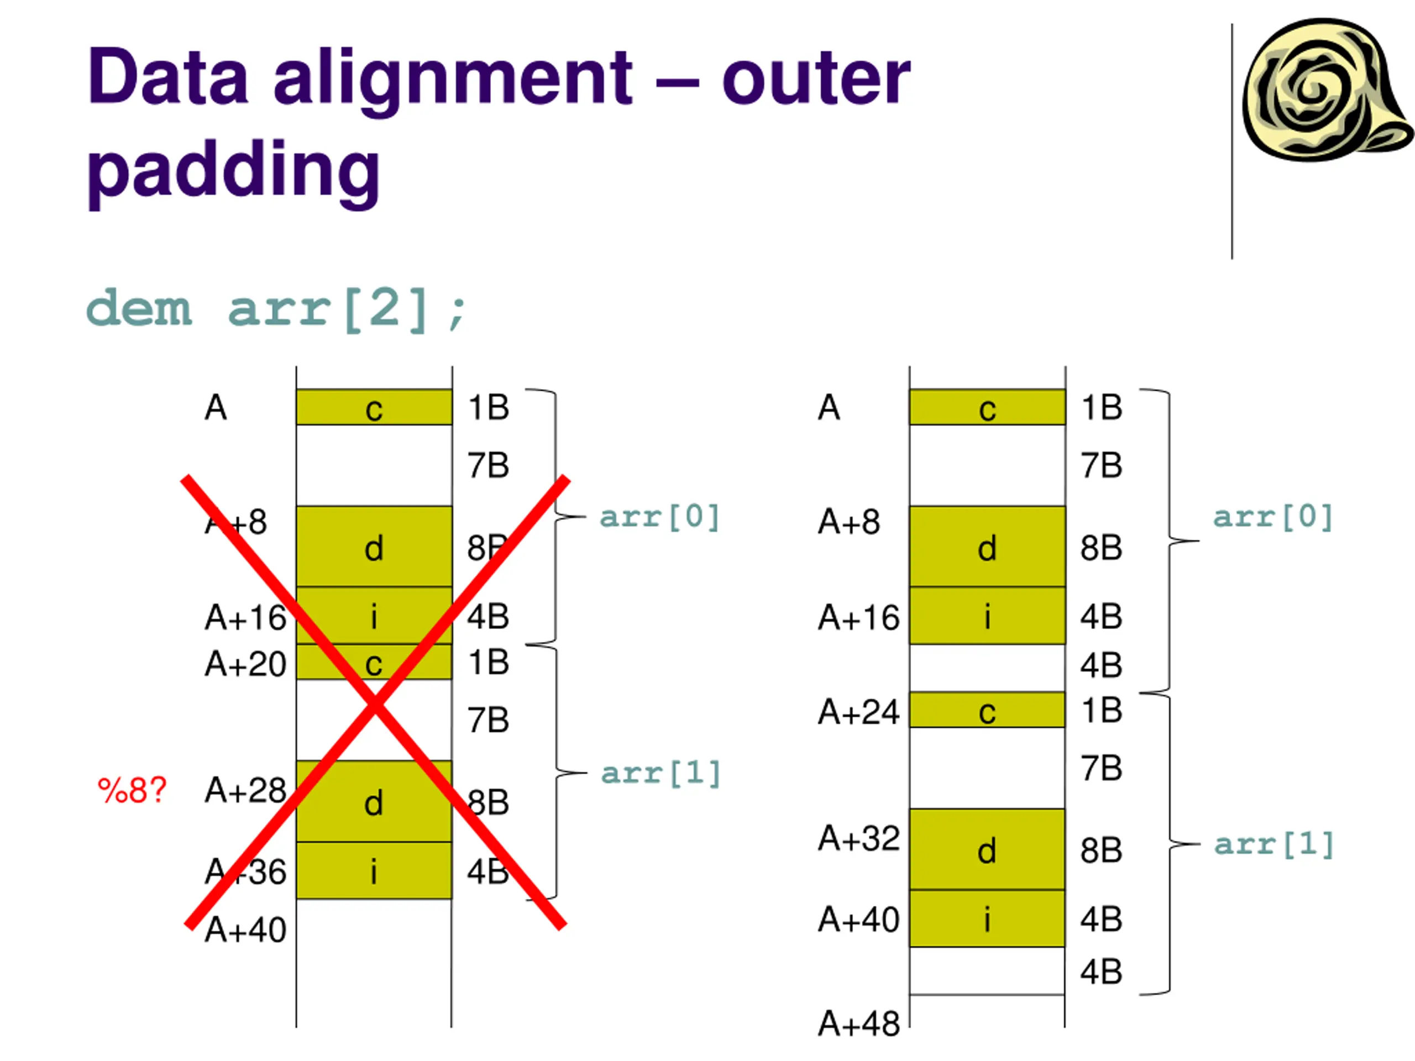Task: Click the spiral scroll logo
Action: tap(1324, 90)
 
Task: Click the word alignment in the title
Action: tap(453, 78)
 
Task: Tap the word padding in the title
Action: tap(233, 170)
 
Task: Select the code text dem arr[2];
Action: tap(277, 309)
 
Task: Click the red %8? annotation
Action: tap(132, 790)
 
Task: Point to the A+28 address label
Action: tap(245, 790)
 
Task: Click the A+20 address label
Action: tap(245, 664)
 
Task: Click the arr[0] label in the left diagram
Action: tap(659, 517)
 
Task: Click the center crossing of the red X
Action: tap(375, 703)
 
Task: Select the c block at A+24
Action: tap(987, 710)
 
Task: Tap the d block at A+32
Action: tap(987, 849)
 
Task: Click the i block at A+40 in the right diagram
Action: tap(987, 918)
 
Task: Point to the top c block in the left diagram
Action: tap(374, 407)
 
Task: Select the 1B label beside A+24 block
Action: tap(1102, 711)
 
